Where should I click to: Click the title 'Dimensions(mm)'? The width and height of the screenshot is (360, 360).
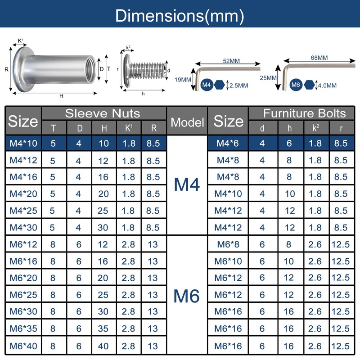[x=180, y=16]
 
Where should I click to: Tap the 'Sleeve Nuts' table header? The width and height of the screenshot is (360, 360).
[x=103, y=113]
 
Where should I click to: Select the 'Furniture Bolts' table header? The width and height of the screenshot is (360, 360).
[x=305, y=113]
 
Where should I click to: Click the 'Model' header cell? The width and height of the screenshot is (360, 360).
[x=187, y=122]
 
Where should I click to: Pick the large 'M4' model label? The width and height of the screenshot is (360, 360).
[x=187, y=184]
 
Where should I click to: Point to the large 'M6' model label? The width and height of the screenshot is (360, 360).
[x=186, y=296]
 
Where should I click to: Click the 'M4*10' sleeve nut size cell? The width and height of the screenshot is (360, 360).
[x=23, y=143]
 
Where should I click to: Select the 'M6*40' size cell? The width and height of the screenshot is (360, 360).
[x=23, y=346]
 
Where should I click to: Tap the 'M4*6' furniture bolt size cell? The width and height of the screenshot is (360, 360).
[x=228, y=143]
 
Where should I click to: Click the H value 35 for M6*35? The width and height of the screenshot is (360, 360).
[x=103, y=328]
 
